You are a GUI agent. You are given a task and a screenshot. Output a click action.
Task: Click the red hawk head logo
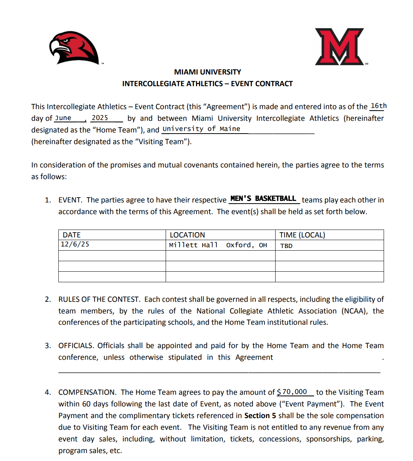74,47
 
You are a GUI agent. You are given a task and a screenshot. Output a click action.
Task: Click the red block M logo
340,47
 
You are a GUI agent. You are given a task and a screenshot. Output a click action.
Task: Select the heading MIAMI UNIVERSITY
207,72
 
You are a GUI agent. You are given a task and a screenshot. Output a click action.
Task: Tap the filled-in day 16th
378,106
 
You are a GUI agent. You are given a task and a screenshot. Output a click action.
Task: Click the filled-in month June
63,118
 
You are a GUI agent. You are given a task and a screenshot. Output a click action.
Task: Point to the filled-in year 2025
100,118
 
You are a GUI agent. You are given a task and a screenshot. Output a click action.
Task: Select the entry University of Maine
201,129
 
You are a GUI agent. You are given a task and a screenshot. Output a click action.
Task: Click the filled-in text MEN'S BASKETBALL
263,199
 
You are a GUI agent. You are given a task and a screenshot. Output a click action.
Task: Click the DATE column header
72,235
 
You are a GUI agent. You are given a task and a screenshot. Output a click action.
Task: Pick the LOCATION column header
187,235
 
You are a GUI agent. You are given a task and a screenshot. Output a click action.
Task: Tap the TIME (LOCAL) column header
302,235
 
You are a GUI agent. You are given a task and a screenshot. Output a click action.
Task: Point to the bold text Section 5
260,415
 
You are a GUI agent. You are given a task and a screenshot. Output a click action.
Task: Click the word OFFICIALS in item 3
76,345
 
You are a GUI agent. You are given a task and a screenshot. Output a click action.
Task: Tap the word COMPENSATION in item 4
87,392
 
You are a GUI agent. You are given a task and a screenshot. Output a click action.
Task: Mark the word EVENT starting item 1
70,200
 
